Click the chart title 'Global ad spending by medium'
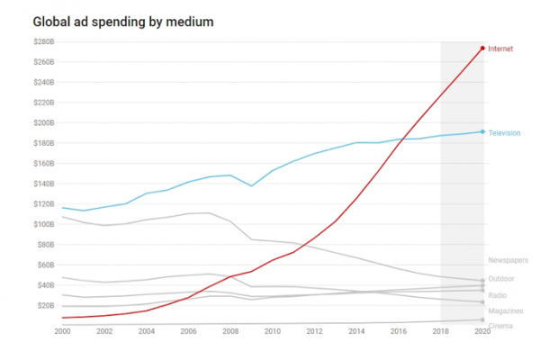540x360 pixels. [x=123, y=22]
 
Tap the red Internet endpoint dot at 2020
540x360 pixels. [x=482, y=49]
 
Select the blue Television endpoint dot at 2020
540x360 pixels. [x=482, y=131]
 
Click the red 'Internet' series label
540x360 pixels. [x=500, y=49]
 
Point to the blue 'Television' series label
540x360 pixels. [x=504, y=133]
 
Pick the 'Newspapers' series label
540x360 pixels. [x=508, y=260]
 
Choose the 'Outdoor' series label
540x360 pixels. [x=501, y=279]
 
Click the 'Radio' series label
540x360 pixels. [x=498, y=295]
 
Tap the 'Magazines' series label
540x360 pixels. [x=506, y=311]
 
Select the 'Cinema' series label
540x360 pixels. [x=500, y=326]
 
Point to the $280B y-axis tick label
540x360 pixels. [x=44, y=41]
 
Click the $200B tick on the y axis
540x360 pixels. [x=44, y=123]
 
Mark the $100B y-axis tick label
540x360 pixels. [x=44, y=224]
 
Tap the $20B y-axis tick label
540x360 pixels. [x=46, y=306]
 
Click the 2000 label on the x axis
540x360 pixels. [x=62, y=331]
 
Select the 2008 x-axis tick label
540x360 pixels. [x=230, y=331]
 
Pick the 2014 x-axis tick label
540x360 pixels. [x=356, y=331]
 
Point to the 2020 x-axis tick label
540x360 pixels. [x=482, y=331]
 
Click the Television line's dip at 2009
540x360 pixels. [x=251, y=186]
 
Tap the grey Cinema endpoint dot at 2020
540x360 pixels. [x=482, y=320]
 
